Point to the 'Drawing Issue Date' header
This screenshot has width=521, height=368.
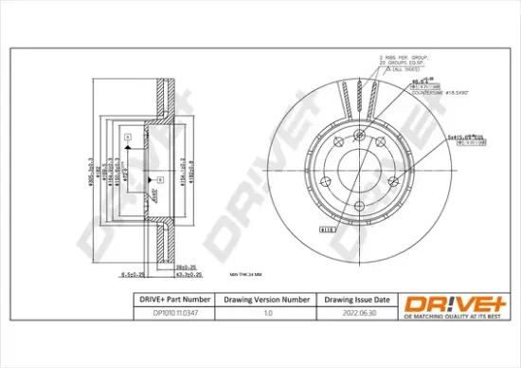pos(351,300)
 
